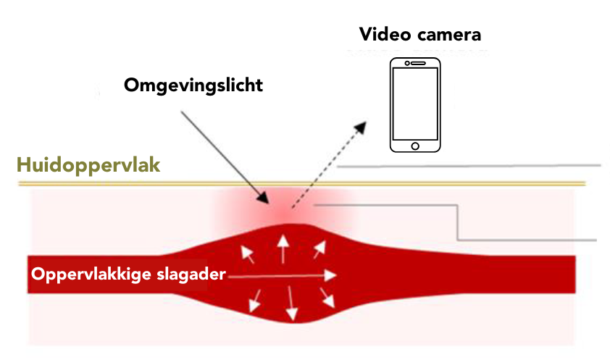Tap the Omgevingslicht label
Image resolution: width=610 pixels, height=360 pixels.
coord(193,85)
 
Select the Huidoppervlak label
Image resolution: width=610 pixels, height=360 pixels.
coord(88,164)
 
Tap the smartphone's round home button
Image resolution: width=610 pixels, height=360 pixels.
coord(415,146)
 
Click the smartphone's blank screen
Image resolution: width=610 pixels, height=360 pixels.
coord(415,104)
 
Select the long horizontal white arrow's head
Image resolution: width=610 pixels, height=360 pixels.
coord(331,275)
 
